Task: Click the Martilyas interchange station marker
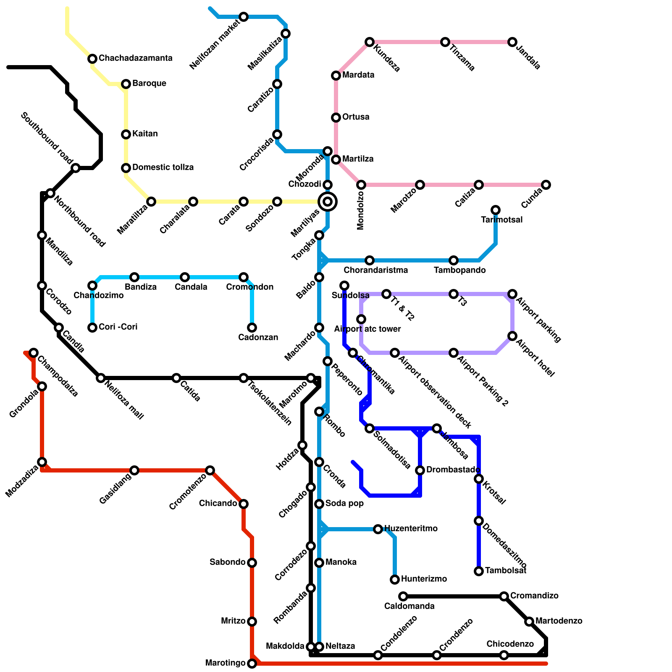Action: (328, 202)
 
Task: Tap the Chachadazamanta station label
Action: (135, 58)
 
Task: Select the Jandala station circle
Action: (512, 42)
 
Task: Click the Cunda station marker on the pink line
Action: (546, 185)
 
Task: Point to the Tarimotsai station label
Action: (501, 220)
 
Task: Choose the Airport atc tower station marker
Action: (361, 319)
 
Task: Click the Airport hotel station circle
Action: (512, 336)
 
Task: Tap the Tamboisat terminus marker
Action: (479, 571)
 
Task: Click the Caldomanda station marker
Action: (403, 596)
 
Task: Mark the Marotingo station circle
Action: (252, 664)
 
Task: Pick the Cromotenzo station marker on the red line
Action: (210, 470)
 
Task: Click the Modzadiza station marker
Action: (42, 462)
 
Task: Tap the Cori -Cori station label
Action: (118, 327)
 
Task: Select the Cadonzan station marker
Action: (252, 328)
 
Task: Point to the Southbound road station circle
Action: (76, 168)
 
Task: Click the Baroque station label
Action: (149, 83)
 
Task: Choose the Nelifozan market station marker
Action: (244, 17)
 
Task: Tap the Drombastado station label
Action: (453, 470)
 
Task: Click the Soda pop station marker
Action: (319, 504)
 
